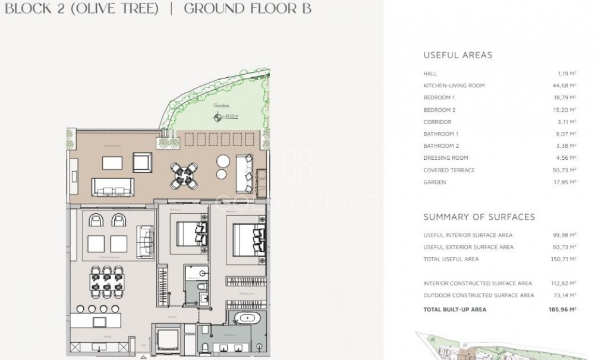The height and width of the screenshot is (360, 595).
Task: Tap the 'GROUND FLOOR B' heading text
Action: [x=247, y=8]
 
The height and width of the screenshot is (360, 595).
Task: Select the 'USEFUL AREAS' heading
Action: [x=458, y=55]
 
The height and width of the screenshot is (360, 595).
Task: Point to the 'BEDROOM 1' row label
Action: [x=439, y=97]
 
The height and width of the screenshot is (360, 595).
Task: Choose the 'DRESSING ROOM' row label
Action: [x=446, y=158]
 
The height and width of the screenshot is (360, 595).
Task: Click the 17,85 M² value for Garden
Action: [x=565, y=182]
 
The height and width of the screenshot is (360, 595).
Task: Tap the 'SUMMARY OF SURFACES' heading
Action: [x=479, y=217]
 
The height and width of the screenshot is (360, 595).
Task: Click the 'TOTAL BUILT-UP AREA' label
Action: [x=455, y=310]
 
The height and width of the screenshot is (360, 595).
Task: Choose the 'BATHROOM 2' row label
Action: [x=441, y=146]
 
